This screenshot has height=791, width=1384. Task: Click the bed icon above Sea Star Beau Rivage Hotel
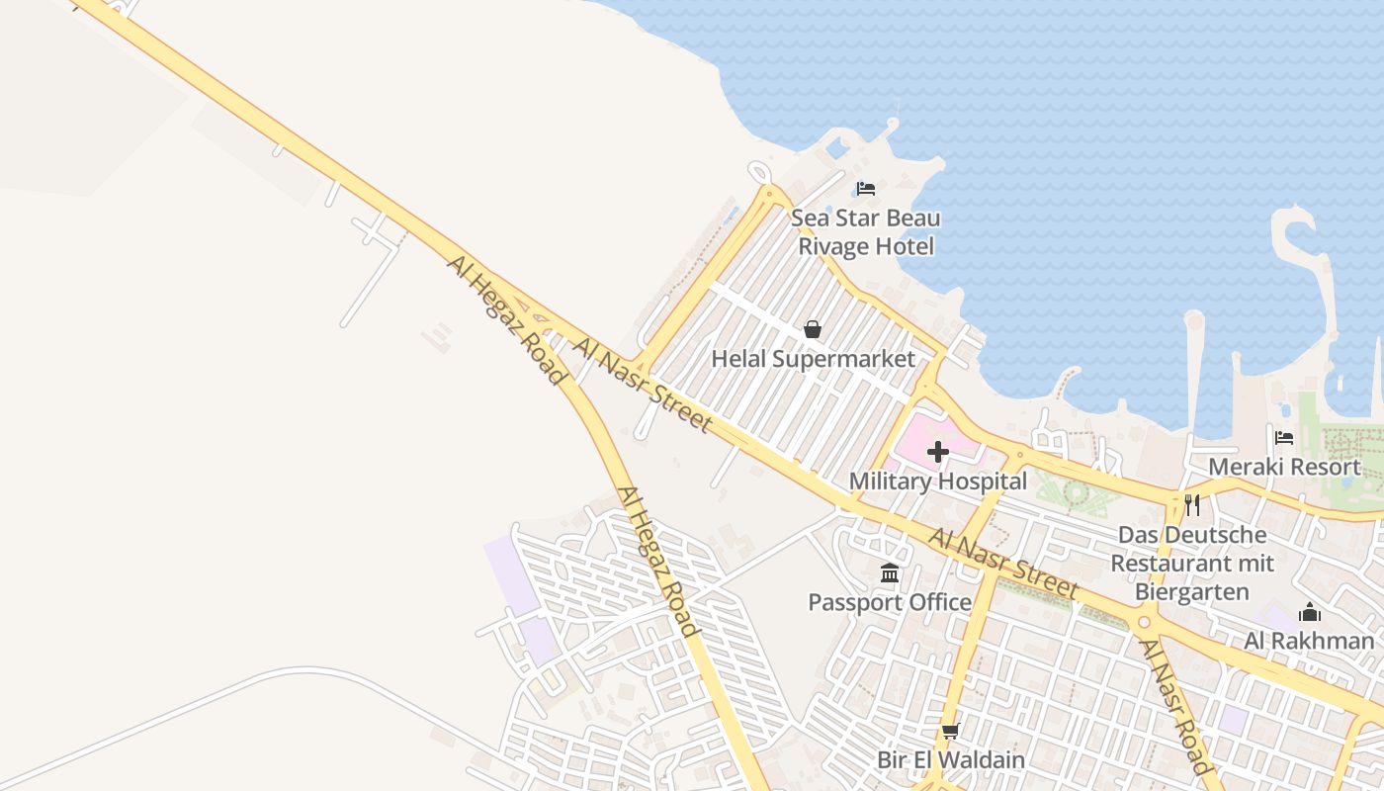pyautogui.click(x=866, y=188)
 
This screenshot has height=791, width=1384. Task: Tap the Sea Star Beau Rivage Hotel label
pyautogui.click(x=866, y=231)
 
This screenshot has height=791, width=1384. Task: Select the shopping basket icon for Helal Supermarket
pyautogui.click(x=813, y=329)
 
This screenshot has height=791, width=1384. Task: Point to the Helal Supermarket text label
pyautogui.click(x=814, y=359)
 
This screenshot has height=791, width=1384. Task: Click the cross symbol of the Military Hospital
pyautogui.click(x=938, y=453)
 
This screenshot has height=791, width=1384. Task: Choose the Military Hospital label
pyautogui.click(x=938, y=482)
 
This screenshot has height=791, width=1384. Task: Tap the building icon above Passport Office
pyautogui.click(x=890, y=573)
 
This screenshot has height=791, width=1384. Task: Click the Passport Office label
pyautogui.click(x=890, y=602)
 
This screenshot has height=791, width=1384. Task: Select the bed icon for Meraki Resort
pyautogui.click(x=1284, y=437)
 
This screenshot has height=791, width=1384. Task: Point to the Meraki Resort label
pyautogui.click(x=1284, y=467)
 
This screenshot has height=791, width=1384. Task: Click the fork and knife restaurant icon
pyautogui.click(x=1192, y=505)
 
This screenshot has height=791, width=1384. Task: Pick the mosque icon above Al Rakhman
pyautogui.click(x=1310, y=612)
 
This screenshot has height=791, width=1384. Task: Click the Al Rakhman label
pyautogui.click(x=1309, y=641)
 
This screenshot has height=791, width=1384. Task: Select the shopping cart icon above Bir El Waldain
pyautogui.click(x=951, y=732)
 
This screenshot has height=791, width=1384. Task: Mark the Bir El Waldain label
pyautogui.click(x=951, y=760)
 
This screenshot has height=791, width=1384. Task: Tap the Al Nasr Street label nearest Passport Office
pyautogui.click(x=1002, y=563)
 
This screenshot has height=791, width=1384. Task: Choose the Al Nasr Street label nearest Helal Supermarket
pyautogui.click(x=642, y=386)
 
